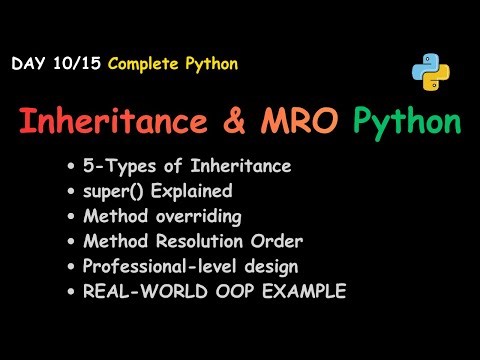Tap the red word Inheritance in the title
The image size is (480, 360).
point(123,123)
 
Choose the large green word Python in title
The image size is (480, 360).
point(407,124)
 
